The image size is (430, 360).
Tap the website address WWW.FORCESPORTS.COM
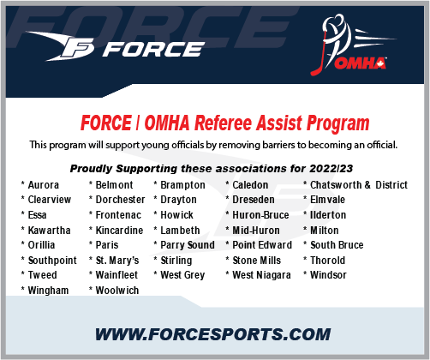click(214, 333)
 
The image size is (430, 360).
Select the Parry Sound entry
click(188, 245)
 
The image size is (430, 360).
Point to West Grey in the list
click(182, 275)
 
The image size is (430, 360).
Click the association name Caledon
click(250, 185)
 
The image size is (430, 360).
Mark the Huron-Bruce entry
click(261, 215)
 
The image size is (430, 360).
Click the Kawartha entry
click(48, 231)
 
